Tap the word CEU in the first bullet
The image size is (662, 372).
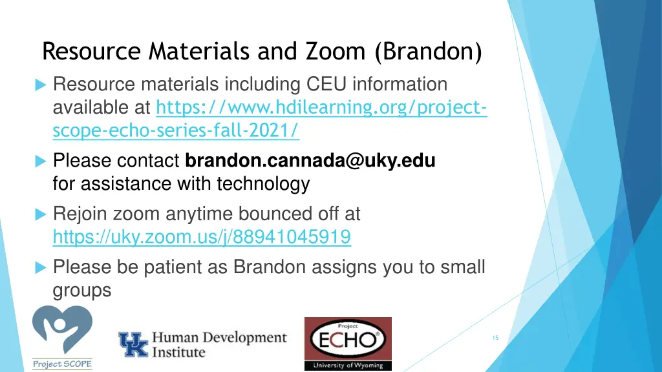pos(328,85)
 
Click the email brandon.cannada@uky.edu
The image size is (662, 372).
pos(310,160)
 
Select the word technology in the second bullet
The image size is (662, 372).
pos(263,184)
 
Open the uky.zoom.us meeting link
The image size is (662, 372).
pos(202,238)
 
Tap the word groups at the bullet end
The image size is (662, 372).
pos(82,291)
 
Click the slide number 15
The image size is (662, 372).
pos(495,338)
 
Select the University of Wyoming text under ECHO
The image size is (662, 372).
pos(348,365)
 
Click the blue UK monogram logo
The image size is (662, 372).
pos(133,344)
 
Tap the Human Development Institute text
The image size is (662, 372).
pos(219,345)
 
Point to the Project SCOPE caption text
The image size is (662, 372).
pos(62,364)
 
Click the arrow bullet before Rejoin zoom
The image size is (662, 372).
pos(40,214)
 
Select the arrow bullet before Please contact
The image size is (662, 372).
pos(40,160)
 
